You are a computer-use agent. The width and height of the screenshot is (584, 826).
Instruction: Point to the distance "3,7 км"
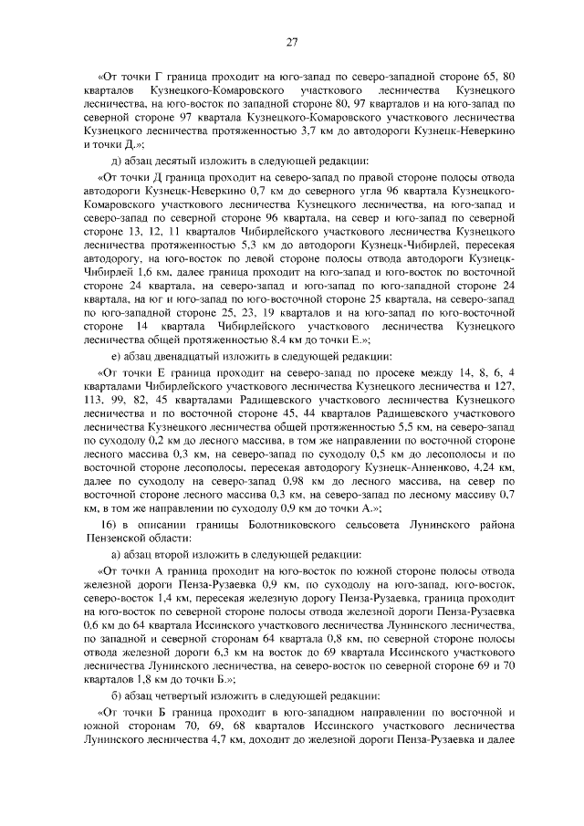(316, 132)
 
